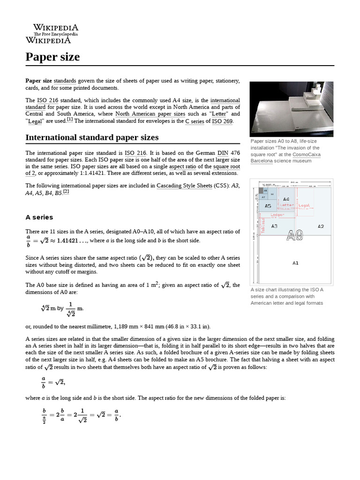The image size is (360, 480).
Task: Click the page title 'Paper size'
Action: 52,57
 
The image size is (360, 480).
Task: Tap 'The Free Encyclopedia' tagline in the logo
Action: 55,34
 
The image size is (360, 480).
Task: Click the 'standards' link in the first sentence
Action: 65,81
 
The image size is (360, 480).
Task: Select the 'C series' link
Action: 195,121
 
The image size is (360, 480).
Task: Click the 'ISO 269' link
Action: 222,121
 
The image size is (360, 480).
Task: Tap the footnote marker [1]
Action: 70,120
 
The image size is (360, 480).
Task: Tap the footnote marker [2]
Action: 66,191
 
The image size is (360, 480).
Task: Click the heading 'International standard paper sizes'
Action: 92,137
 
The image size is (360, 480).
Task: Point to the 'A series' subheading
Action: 39,217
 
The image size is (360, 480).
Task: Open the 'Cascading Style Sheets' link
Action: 184,186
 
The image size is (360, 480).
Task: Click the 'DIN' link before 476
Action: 223,153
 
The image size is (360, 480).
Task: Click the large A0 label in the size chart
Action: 294,235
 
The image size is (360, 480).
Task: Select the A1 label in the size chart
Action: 295,263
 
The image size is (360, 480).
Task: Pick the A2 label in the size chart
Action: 321,226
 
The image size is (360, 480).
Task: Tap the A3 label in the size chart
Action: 274,226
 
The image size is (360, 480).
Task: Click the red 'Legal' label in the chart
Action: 304,205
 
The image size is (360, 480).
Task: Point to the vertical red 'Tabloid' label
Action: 263,225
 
